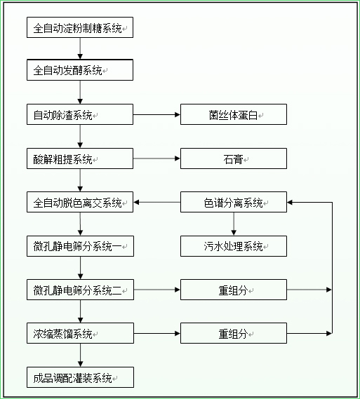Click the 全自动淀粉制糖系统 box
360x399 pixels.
(79, 28)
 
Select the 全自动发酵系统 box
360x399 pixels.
(79, 71)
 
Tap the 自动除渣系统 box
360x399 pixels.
(79, 115)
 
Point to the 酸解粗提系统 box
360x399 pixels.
(79, 158)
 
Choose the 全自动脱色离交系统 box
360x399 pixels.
(79, 203)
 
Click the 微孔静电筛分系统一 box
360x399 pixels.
(79, 246)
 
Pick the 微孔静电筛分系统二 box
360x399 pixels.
(79, 290)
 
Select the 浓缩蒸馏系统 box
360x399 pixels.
(79, 333)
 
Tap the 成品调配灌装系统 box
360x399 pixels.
(79, 377)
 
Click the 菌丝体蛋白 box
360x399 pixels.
(233, 115)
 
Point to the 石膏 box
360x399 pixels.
(233, 158)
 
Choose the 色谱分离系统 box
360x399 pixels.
(233, 203)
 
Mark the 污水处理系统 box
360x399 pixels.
(233, 246)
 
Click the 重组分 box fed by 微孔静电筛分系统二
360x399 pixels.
(233, 290)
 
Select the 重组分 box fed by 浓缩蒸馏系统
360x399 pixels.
(233, 333)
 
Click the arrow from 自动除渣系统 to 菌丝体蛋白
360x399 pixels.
(156, 115)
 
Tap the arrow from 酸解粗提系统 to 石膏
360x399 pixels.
(156, 158)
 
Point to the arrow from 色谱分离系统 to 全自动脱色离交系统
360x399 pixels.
(156, 203)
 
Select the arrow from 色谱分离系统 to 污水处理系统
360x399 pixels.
(234, 224)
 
